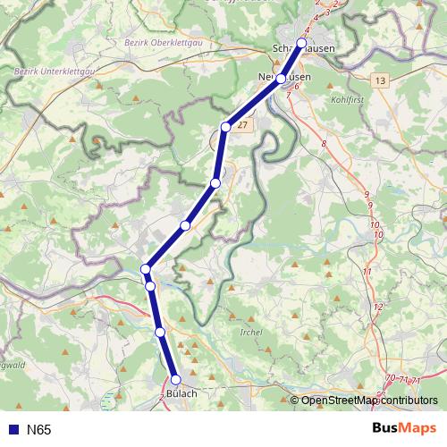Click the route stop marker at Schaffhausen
coord(301,43)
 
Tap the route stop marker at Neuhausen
coord(281,79)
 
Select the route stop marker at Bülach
coord(176,379)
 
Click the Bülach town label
coord(181,393)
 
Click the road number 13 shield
coord(382,80)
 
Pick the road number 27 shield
coord(242,126)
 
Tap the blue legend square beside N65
coord(13,430)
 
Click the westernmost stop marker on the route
coord(146,268)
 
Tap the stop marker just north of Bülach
coord(160,333)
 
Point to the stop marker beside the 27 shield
coord(226,127)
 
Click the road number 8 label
coord(325,143)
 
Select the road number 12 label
coord(377,307)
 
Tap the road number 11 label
coord(367,271)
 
